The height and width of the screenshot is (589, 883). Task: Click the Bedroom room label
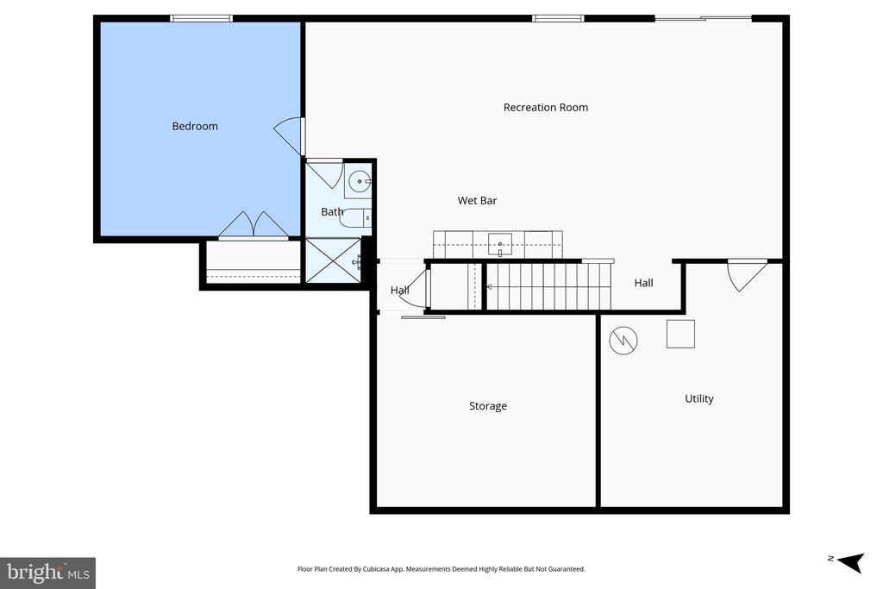click(x=195, y=127)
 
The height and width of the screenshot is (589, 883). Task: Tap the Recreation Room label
click(x=545, y=108)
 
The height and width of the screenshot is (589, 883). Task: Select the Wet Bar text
click(x=477, y=201)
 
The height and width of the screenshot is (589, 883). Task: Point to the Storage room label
click(x=487, y=406)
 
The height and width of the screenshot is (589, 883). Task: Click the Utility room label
click(x=698, y=399)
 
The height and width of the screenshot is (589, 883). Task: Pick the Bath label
click(x=332, y=212)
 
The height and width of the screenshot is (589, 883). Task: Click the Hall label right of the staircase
click(x=643, y=283)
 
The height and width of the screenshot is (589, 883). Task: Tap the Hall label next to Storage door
click(x=399, y=291)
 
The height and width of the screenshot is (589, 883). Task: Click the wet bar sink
click(x=499, y=245)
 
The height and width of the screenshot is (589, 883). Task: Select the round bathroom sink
click(x=359, y=182)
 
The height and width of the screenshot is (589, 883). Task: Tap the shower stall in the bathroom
click(x=334, y=260)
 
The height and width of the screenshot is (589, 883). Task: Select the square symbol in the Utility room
click(x=680, y=334)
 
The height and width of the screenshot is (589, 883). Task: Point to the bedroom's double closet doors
click(x=254, y=226)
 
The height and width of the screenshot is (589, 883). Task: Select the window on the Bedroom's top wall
click(x=201, y=18)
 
